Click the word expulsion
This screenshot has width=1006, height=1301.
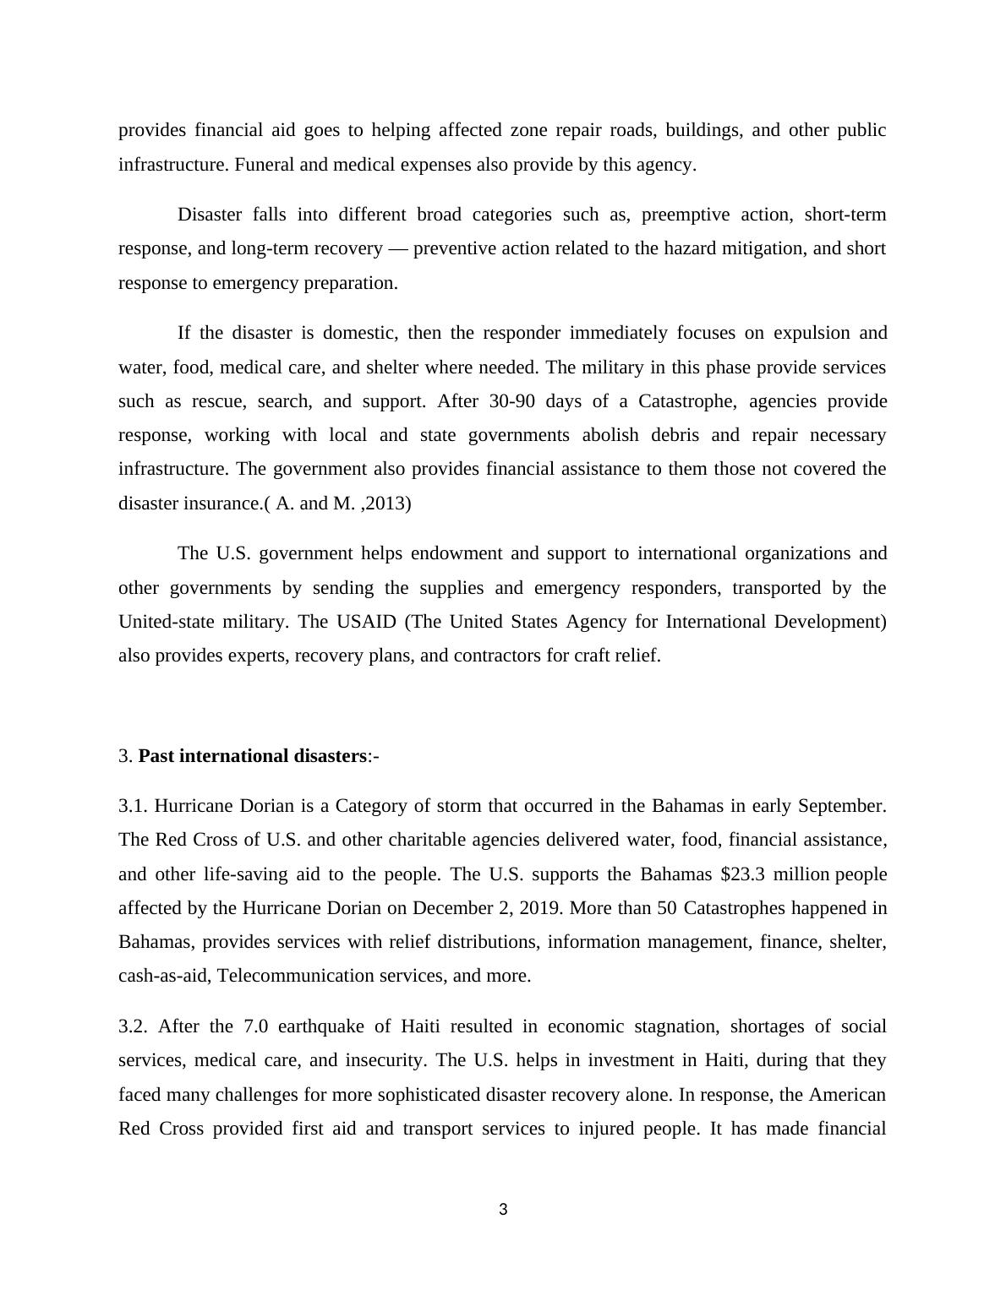click(x=809, y=333)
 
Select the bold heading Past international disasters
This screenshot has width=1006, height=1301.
click(x=252, y=756)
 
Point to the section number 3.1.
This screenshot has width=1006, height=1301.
click(x=133, y=806)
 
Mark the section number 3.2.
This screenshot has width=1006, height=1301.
click(x=133, y=1026)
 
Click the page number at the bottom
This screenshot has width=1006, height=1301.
click(x=503, y=1210)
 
